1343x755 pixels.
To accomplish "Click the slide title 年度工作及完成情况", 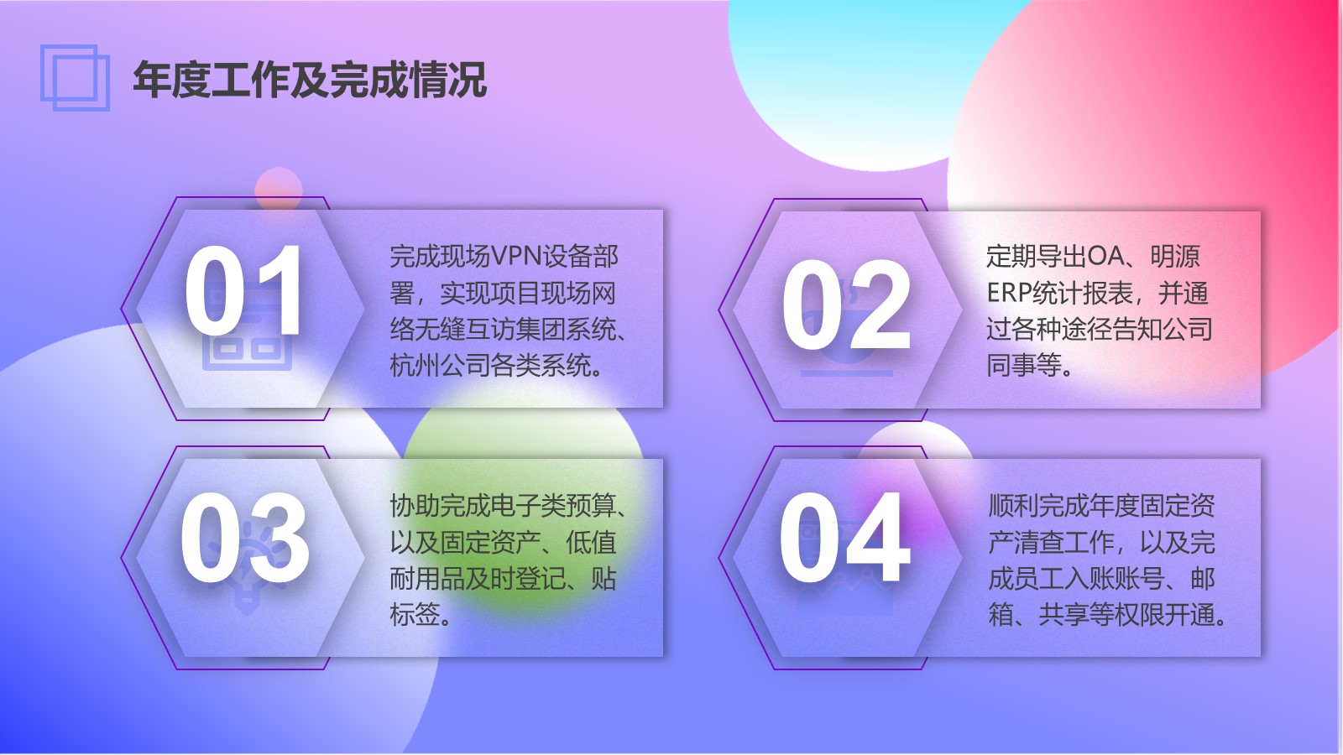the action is (x=310, y=79).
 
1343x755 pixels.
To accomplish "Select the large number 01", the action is (x=243, y=290).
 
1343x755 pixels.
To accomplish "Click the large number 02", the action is (x=847, y=305).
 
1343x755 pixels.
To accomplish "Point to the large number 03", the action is (x=244, y=538).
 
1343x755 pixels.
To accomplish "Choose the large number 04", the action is (x=844, y=537).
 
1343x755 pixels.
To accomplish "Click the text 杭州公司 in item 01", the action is (x=440, y=364).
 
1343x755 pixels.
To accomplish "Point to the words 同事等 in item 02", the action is (x=1024, y=364).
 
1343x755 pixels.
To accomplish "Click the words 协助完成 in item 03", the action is (x=440, y=506).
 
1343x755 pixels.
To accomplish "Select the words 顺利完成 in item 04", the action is (x=1037, y=506).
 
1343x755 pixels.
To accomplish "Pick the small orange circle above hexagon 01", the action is (x=278, y=189).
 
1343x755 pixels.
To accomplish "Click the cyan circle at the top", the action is (x=864, y=78).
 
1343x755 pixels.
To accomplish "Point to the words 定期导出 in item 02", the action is (x=1037, y=257).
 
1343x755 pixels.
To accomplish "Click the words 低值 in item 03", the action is (x=591, y=543).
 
